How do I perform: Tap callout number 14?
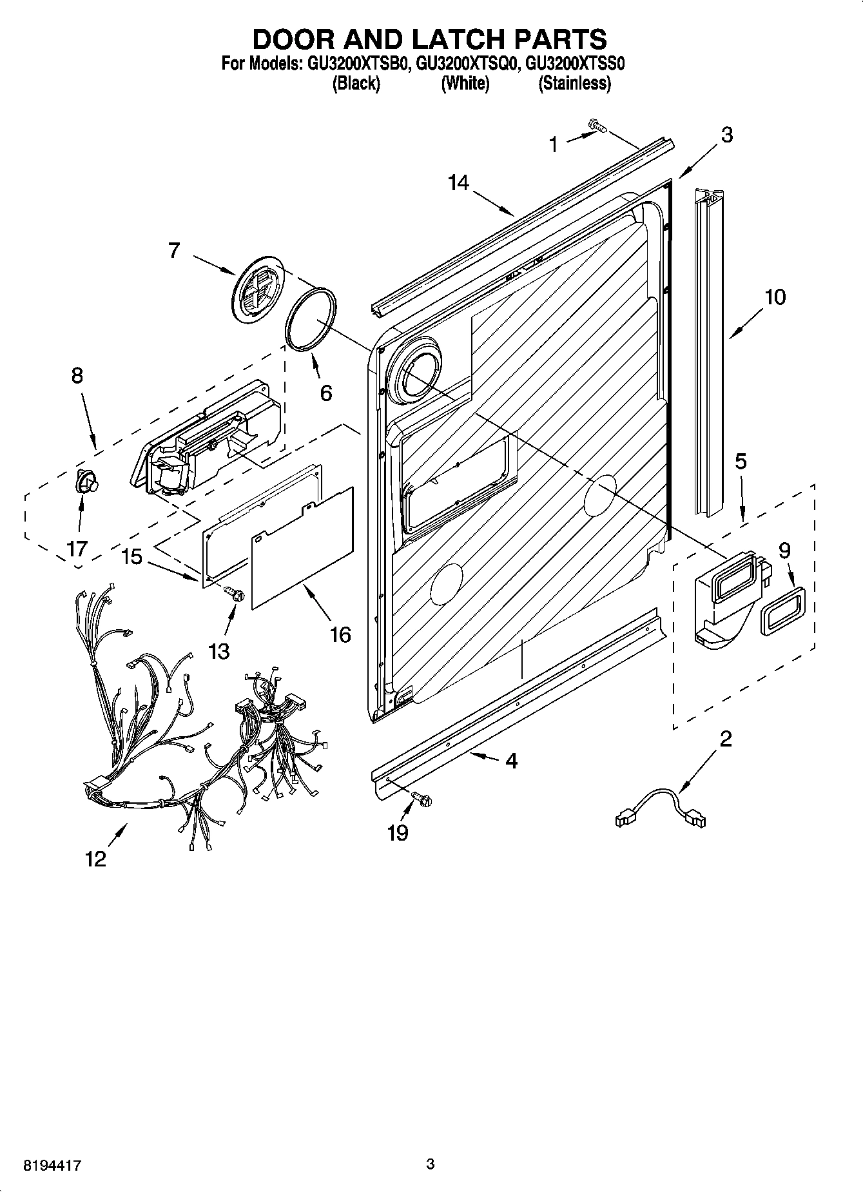[x=458, y=183]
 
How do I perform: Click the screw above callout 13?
[x=236, y=594]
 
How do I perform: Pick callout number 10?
[x=775, y=297]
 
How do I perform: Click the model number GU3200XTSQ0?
[x=465, y=64]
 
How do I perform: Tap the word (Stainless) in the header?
[x=574, y=83]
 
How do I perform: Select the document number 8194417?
[x=52, y=1165]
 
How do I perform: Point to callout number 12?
[x=95, y=859]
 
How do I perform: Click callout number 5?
[x=741, y=461]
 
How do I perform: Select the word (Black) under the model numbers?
[x=356, y=83]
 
